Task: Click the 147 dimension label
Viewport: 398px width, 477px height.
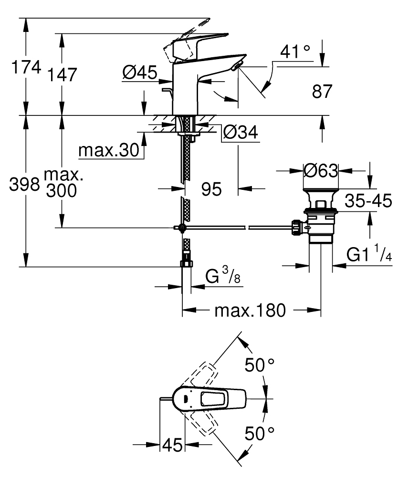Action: coord(62,75)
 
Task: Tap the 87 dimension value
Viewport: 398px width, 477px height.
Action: coord(322,91)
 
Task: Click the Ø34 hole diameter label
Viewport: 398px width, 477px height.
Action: coord(240,132)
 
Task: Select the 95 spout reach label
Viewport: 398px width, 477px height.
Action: coord(211,189)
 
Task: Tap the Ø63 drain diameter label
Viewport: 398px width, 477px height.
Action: coord(320,170)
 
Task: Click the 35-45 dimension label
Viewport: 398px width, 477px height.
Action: coord(368,201)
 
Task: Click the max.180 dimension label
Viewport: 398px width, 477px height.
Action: coord(250,311)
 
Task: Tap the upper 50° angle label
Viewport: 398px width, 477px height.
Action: coord(260,365)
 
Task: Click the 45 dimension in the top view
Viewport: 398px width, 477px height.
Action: coord(173,445)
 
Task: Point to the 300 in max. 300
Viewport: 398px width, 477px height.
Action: coord(62,191)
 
